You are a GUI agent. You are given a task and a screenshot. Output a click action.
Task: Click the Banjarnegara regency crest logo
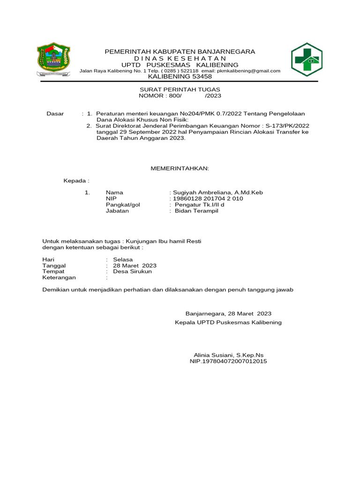53,60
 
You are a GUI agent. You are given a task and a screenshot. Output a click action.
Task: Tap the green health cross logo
307,60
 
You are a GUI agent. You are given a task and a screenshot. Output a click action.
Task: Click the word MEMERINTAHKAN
180,168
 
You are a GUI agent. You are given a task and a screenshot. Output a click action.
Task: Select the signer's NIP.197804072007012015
228,361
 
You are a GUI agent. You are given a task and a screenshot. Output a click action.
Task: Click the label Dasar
55,114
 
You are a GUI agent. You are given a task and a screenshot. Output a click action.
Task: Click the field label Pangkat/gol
123,204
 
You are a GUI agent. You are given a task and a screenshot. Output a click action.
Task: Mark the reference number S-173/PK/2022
287,126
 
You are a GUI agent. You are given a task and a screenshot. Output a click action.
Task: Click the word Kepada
75,180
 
